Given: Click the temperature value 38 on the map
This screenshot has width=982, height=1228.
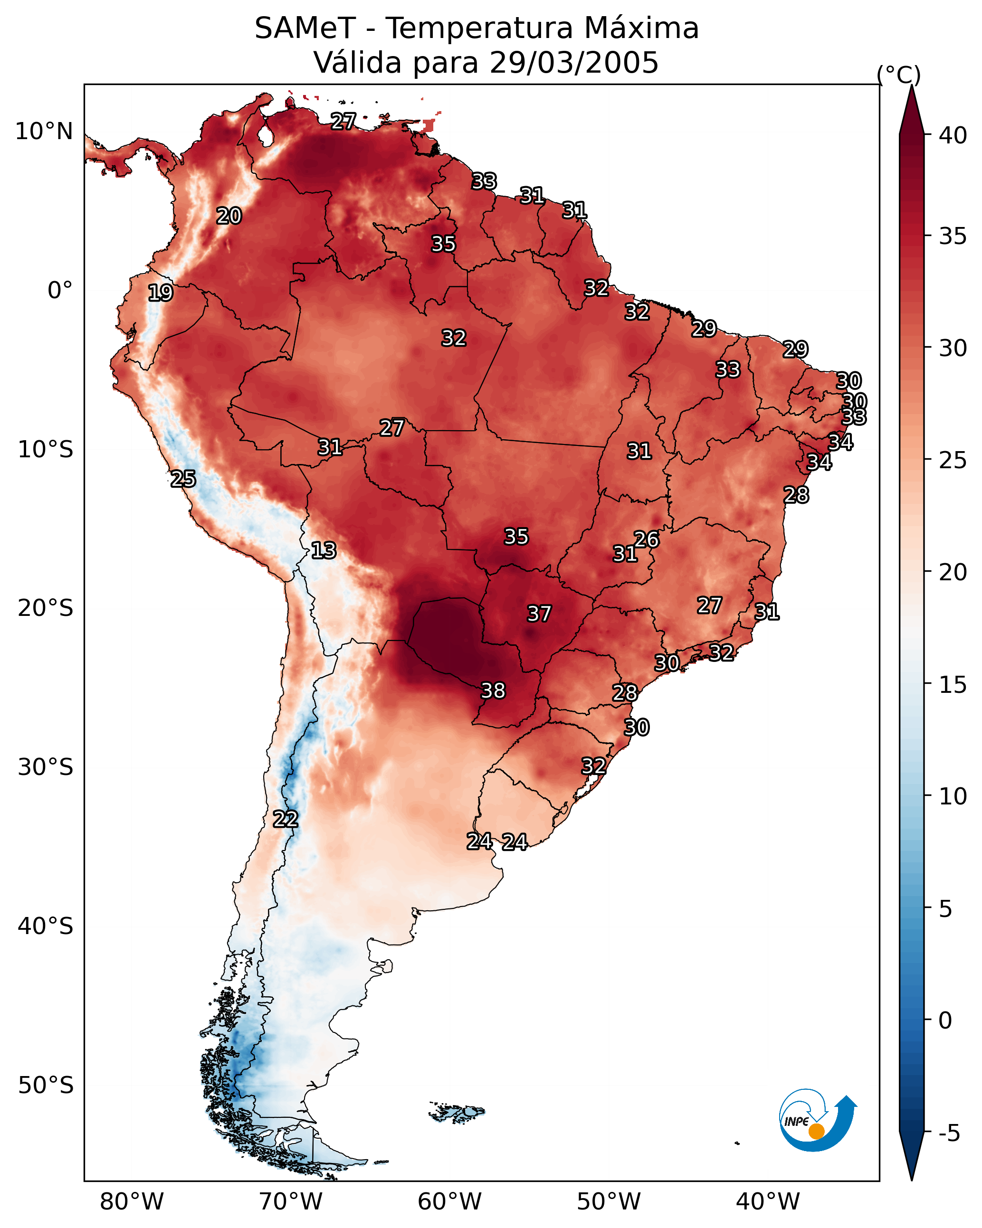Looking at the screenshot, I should point(493,690).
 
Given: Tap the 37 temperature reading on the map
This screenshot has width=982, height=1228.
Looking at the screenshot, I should point(539,614).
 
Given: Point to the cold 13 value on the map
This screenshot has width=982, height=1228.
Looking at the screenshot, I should point(323,550).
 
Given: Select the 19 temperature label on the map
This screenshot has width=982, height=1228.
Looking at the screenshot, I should point(160,293).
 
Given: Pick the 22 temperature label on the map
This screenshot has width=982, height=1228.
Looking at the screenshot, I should point(285,819).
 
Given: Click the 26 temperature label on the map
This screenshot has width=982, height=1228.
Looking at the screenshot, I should point(646,539).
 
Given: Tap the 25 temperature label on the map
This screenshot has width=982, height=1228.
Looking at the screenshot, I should point(183,479).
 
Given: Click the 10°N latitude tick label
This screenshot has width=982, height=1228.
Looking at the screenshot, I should point(44,132).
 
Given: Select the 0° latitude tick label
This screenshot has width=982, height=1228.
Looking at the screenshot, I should point(60,291).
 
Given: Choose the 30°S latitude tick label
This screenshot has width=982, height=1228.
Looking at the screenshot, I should point(46,767).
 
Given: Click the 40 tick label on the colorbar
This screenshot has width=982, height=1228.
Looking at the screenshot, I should point(953,135).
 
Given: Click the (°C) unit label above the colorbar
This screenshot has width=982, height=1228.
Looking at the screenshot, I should point(898,75).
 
